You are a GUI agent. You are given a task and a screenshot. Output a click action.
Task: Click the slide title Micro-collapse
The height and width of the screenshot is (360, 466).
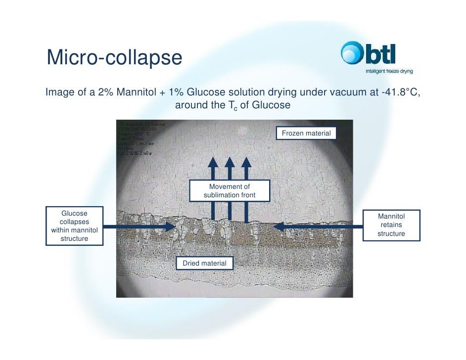tap(114, 58)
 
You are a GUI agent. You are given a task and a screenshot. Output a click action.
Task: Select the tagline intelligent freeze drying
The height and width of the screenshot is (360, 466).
tap(388, 71)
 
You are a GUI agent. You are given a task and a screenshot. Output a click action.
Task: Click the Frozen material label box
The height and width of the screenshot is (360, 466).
tap(306, 134)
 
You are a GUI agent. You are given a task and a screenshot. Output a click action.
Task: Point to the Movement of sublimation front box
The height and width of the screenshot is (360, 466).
tap(229, 191)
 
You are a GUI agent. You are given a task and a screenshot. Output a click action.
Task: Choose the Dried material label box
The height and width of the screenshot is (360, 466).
tap(204, 263)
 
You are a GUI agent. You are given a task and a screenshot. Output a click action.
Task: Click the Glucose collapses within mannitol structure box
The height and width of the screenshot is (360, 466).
tap(74, 226)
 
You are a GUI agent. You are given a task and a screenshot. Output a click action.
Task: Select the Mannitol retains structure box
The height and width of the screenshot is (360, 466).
tap(391, 225)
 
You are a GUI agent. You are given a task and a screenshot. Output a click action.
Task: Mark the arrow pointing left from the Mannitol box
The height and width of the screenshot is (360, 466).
tap(317, 226)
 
